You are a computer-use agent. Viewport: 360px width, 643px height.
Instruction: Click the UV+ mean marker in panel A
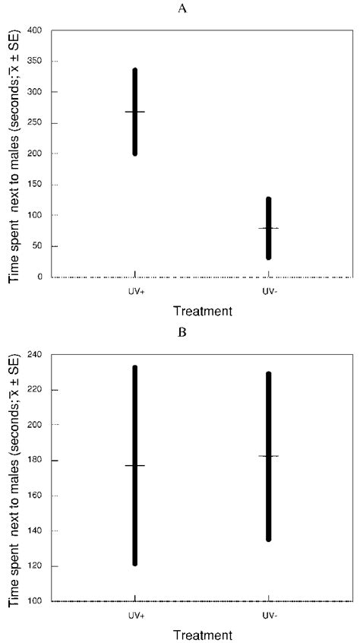[135, 112]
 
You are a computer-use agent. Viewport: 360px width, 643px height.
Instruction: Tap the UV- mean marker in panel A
[268, 228]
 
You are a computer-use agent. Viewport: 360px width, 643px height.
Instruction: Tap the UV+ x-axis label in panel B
[135, 614]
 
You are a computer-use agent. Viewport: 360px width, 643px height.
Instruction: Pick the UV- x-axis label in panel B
[268, 614]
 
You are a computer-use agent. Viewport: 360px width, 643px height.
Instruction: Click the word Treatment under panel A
[202, 311]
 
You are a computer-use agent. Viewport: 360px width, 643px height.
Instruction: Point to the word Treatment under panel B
[202, 634]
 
